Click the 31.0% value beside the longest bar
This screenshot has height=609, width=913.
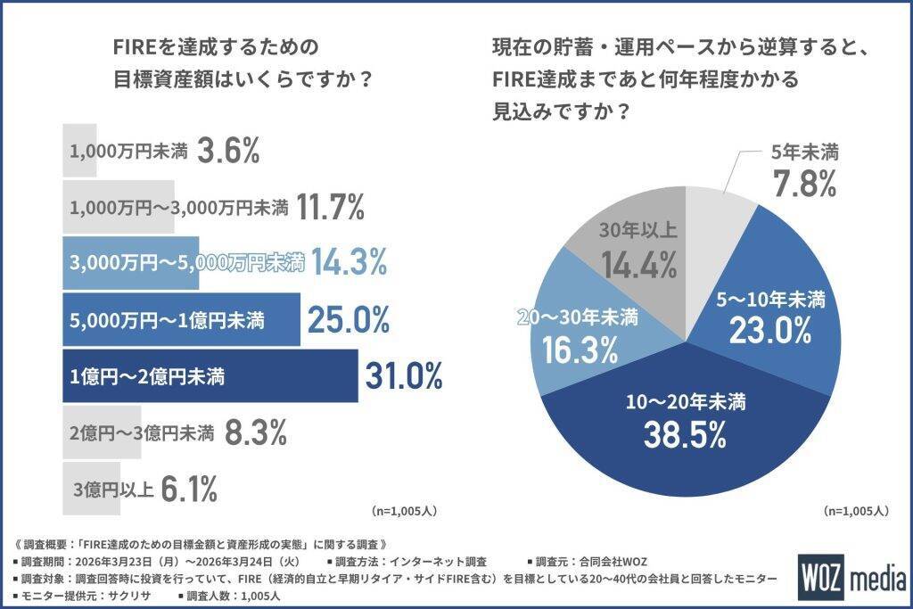pos(404,376)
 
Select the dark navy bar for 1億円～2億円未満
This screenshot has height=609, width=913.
pos(210,376)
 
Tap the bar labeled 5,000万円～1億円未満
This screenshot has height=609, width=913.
pos(181,319)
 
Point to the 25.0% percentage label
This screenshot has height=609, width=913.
pos(349,319)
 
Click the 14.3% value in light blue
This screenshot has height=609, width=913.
pos(349,261)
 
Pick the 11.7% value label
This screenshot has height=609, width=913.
pos(330,207)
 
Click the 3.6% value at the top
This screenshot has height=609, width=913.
pos(228,151)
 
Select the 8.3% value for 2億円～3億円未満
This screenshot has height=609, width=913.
pos(256,432)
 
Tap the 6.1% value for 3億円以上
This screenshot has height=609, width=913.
pos(189,489)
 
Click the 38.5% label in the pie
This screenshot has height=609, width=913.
pos(685,434)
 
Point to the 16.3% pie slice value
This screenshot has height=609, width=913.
pos(580,350)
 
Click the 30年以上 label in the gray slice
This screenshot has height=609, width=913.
pos(638,231)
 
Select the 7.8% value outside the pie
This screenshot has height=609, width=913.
pos(804,184)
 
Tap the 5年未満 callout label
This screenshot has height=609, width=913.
pos(805,152)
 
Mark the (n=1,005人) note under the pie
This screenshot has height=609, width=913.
pos(856,511)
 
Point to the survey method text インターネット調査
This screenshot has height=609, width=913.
pos(438,562)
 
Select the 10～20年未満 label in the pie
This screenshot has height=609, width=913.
pos(686,402)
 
